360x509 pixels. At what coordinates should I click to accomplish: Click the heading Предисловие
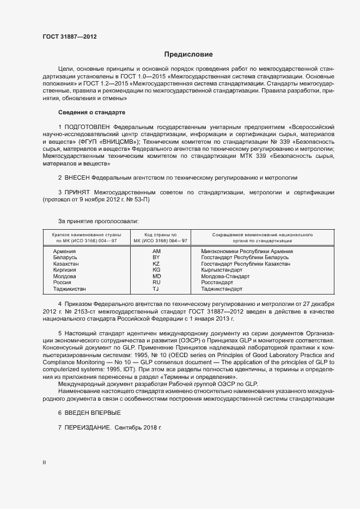click(x=188, y=54)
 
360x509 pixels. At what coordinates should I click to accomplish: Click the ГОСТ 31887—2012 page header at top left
click(x=70, y=37)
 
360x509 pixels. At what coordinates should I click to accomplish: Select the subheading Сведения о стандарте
click(x=91, y=112)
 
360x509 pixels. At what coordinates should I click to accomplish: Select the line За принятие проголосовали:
click(x=98, y=220)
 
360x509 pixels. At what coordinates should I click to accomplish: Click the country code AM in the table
click(x=156, y=252)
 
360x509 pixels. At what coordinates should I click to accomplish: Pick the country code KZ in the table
click(x=156, y=263)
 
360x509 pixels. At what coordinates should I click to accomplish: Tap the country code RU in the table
click(x=156, y=283)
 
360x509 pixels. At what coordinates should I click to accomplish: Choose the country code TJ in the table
click(x=156, y=289)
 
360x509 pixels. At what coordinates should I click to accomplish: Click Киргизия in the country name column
click(x=65, y=270)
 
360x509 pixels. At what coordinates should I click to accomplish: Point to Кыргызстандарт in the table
click(x=222, y=270)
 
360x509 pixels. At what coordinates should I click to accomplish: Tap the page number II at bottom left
click(x=44, y=463)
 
